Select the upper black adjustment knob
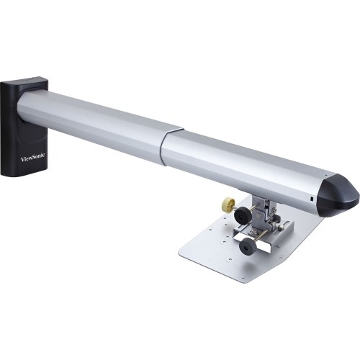point(243,214)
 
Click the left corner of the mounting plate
point(181,253)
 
